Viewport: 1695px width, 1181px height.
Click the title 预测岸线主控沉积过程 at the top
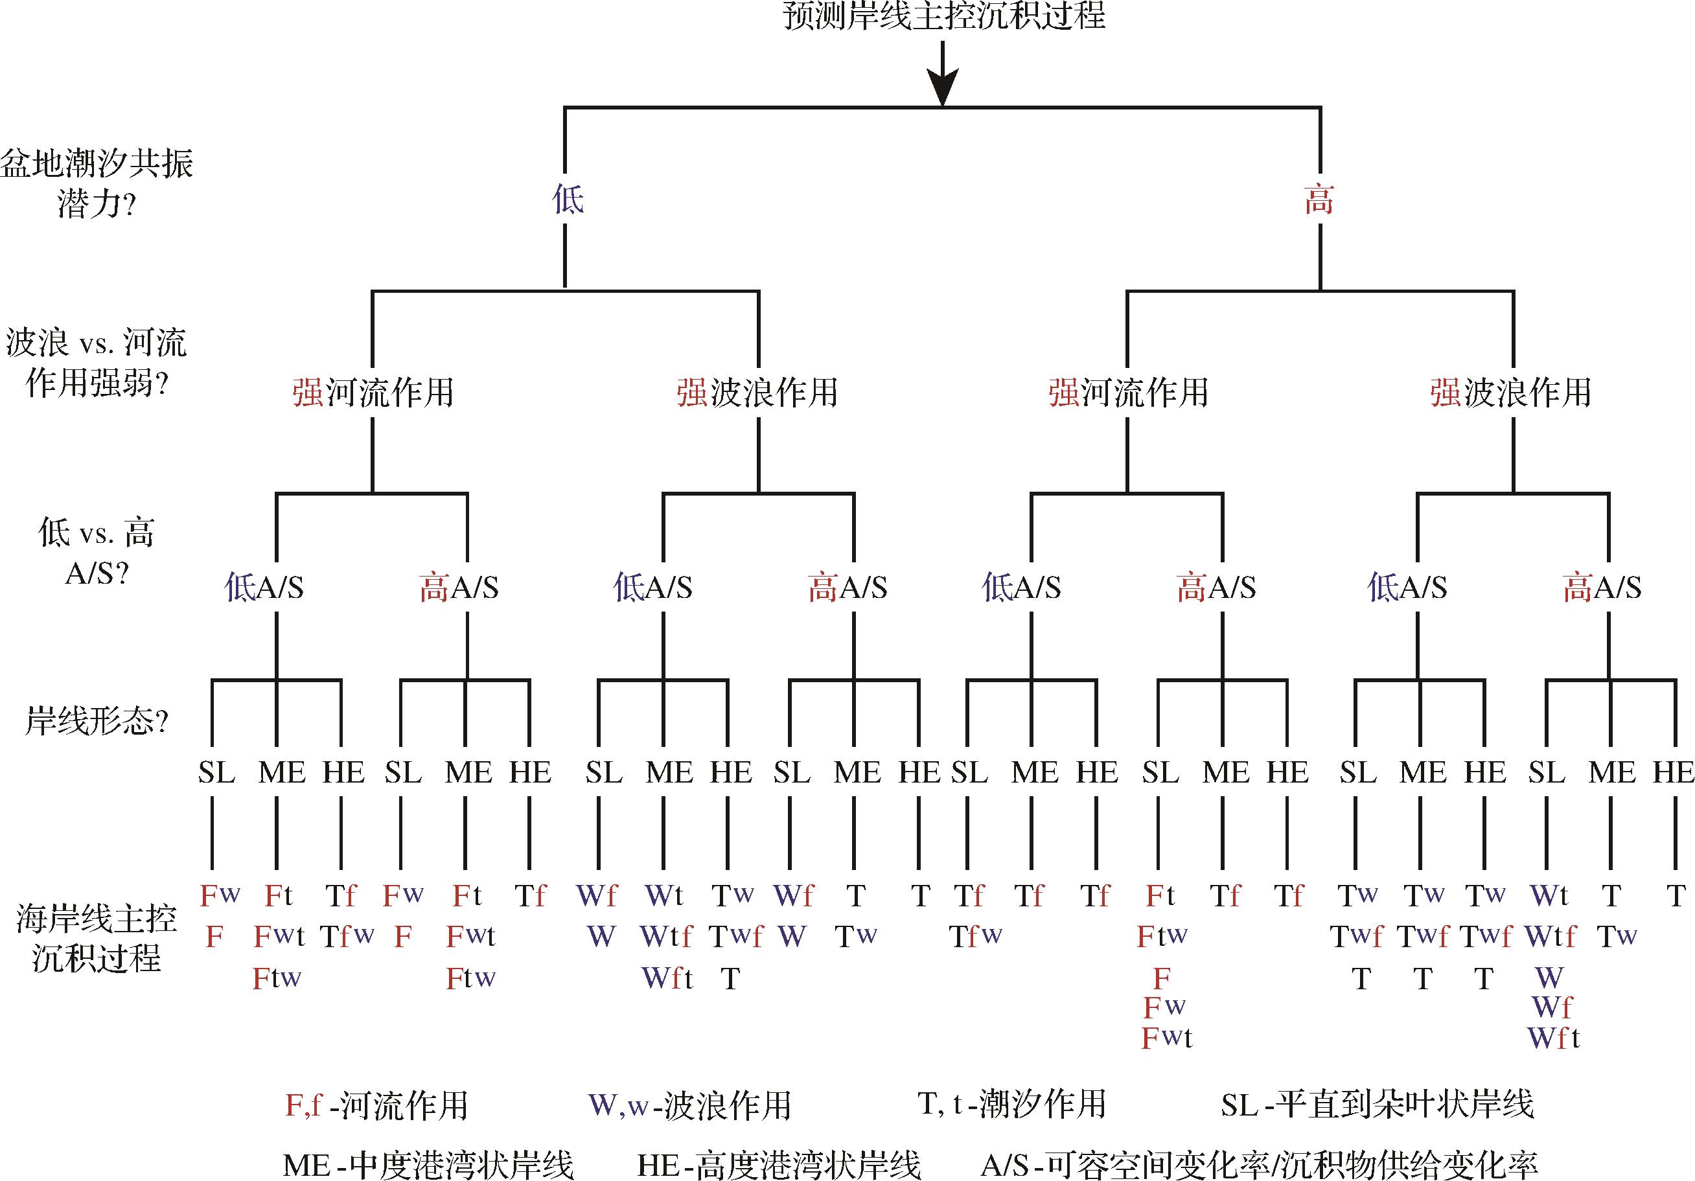coord(943,16)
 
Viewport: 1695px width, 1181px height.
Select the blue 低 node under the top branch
coord(568,200)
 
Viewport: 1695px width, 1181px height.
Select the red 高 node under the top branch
coord(1319,200)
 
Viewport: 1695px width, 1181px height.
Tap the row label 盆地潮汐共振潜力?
coord(97,183)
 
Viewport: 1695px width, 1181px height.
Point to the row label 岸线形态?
coord(97,720)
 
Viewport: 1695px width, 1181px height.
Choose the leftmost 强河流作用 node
coord(373,392)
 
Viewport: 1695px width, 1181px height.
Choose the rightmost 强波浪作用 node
coord(1510,392)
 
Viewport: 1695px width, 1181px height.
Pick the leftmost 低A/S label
coord(264,588)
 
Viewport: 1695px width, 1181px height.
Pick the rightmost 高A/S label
coord(1602,588)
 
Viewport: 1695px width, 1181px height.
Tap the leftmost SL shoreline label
coord(216,773)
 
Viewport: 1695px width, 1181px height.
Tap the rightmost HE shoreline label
coord(1673,773)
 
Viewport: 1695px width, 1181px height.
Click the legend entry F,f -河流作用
coord(376,1105)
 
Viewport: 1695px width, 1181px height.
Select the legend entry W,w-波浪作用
coord(689,1105)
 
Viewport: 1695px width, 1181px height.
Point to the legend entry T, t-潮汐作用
coord(1011,1105)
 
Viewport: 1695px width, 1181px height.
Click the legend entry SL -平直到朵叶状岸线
coord(1378,1105)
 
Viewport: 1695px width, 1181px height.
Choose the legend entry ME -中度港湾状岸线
coord(428,1165)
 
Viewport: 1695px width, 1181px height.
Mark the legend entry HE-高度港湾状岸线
coord(779,1165)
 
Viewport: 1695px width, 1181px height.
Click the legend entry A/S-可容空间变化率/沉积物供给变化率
coord(1260,1165)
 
